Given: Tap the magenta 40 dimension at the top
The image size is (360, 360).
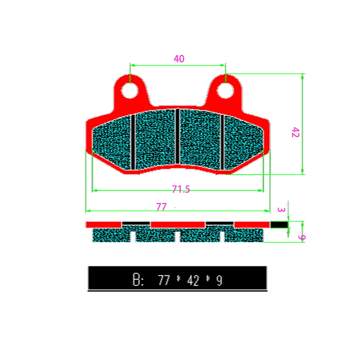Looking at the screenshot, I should (179, 59).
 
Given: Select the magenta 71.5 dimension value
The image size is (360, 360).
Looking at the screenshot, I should (180, 189).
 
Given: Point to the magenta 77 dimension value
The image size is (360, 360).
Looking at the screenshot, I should (161, 207).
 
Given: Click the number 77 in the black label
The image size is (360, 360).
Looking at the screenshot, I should (164, 281).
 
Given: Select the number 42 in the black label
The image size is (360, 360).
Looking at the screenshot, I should (193, 281).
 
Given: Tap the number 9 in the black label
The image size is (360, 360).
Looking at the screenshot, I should (219, 281).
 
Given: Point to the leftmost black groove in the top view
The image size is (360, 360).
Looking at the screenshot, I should (133, 142).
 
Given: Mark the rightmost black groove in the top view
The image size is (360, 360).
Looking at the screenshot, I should (223, 142).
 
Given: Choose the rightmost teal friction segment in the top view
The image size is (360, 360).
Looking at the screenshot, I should (243, 142).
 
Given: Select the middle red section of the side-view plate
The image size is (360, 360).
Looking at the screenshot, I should (178, 224).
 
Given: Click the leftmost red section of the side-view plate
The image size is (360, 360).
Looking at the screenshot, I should (103, 224).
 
